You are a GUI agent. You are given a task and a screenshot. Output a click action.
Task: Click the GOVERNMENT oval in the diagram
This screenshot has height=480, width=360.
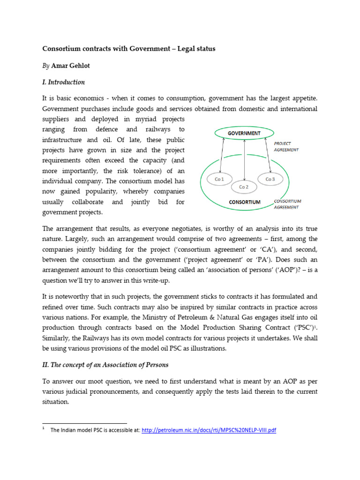coord(244,133)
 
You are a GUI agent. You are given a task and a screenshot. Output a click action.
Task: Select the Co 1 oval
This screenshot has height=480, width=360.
coord(219,179)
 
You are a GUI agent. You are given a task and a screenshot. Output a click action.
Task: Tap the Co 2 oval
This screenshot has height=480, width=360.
coord(244,187)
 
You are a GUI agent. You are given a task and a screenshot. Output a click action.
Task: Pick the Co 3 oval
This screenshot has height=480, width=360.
coord(270,179)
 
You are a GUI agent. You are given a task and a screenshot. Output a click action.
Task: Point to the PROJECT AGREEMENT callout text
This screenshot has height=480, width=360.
coord(286,147)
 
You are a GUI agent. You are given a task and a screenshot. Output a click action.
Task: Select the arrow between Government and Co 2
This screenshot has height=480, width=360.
coord(244,159)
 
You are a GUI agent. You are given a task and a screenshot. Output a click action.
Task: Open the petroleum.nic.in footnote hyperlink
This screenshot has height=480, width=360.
coord(209,430)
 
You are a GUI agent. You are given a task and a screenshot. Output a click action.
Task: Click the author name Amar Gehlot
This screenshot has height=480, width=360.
coord(74,66)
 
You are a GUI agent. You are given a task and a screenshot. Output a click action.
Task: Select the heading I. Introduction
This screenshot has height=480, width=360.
coord(64,82)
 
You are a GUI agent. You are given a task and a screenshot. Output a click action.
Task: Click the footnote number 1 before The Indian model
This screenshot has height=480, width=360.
coord(44,428)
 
